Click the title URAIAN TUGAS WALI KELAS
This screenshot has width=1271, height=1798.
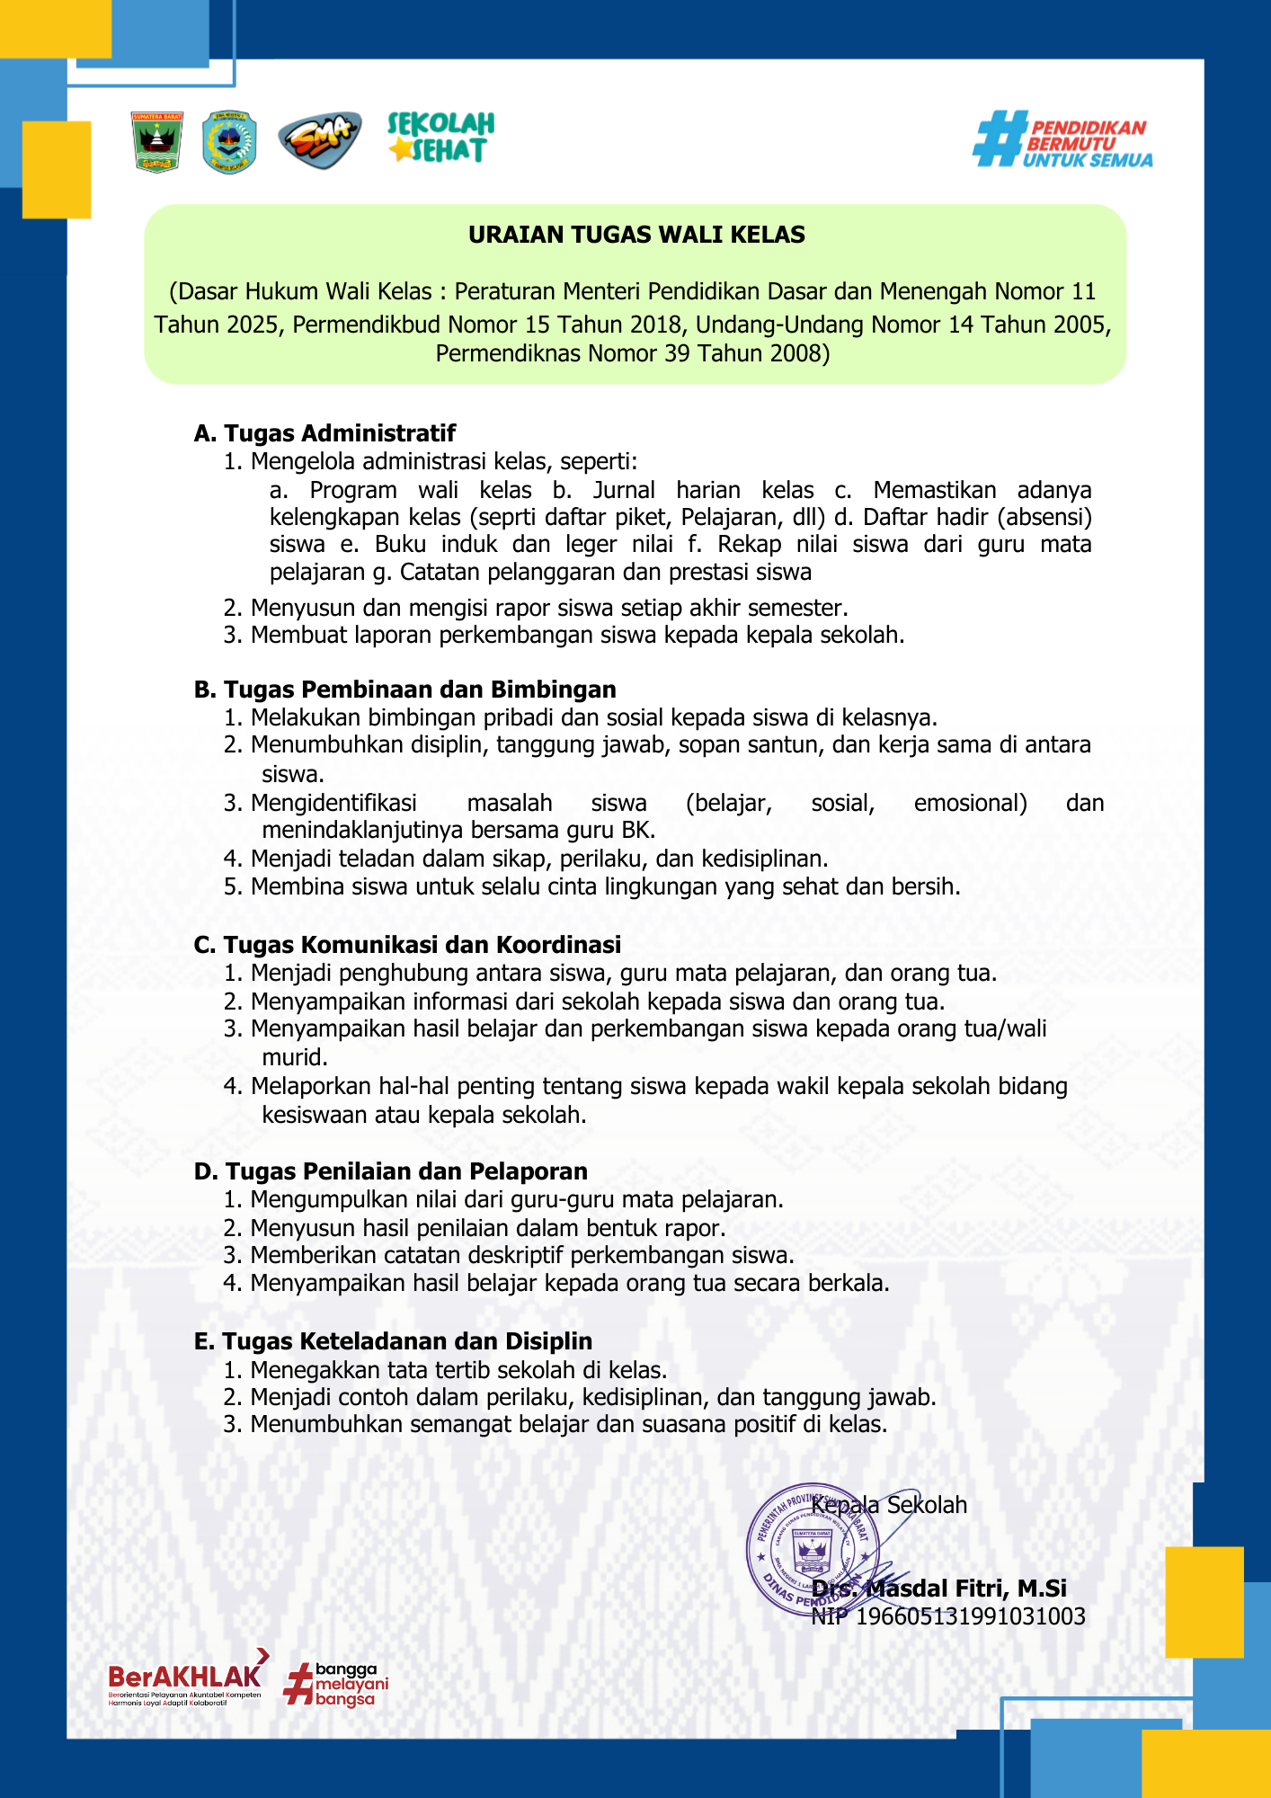pyautogui.click(x=636, y=235)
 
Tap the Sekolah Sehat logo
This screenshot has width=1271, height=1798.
pyautogui.click(x=440, y=138)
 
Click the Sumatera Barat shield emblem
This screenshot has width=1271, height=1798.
pyautogui.click(x=157, y=142)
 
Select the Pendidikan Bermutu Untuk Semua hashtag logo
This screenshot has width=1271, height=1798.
pyautogui.click(x=1062, y=140)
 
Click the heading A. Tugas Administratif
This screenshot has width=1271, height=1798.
pyautogui.click(x=324, y=433)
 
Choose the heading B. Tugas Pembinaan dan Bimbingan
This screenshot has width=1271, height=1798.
pyautogui.click(x=405, y=690)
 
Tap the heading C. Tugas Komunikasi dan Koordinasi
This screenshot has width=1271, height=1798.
pyautogui.click(x=407, y=945)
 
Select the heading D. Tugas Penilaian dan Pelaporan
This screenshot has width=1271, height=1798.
pyautogui.click(x=391, y=1171)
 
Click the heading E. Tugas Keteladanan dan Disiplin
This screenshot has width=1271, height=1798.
pyautogui.click(x=393, y=1341)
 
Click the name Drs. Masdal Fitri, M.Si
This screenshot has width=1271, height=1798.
pyautogui.click(x=939, y=1589)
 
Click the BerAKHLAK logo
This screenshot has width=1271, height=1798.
pyautogui.click(x=187, y=1678)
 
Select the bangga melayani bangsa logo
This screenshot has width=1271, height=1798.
pyautogui.click(x=336, y=1684)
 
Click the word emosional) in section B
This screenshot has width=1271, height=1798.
pyautogui.click(x=970, y=803)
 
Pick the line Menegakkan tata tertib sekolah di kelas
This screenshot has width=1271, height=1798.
pyautogui.click(x=458, y=1370)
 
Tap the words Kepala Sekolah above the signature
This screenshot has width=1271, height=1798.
pyautogui.click(x=889, y=1505)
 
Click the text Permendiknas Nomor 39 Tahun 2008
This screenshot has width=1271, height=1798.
pyautogui.click(x=633, y=353)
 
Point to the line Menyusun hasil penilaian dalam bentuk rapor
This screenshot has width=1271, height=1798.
pyautogui.click(x=487, y=1228)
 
